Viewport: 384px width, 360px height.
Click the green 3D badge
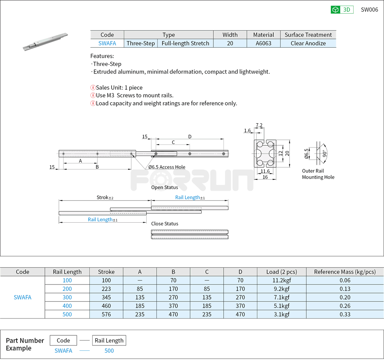[x=342, y=10]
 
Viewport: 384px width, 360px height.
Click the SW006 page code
[x=369, y=10]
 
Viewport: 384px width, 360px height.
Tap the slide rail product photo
[x=45, y=42]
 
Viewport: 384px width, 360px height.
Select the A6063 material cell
[x=264, y=43]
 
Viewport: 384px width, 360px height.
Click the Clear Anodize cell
[x=308, y=43]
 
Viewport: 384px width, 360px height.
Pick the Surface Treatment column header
[x=308, y=35]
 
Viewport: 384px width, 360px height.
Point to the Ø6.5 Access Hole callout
[x=167, y=167]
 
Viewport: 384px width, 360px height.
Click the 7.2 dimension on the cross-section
[x=259, y=125]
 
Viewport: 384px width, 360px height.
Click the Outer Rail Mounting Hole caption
[x=318, y=174]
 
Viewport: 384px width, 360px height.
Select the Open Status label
[x=165, y=187]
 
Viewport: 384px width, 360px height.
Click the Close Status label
[x=165, y=223]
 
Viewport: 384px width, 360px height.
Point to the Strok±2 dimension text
[x=105, y=198]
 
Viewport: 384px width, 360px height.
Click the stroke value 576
[x=106, y=314]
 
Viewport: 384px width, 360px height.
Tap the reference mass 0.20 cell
[x=345, y=297]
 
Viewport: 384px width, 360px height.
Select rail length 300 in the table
[x=67, y=297]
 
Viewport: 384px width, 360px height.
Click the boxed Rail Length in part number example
[x=109, y=340]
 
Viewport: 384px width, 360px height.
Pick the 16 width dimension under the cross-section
[x=265, y=177]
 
